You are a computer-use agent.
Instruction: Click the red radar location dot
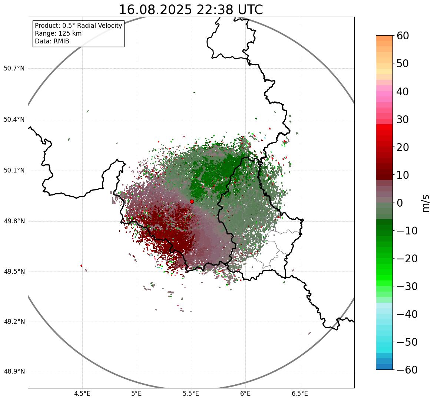click(x=192, y=201)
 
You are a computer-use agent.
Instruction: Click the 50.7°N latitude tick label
click(x=14, y=69)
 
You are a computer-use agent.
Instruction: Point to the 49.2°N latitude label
click(x=14, y=322)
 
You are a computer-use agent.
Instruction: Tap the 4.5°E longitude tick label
click(x=82, y=394)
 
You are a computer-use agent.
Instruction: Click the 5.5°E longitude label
click(x=191, y=394)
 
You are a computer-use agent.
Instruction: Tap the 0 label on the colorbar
click(x=400, y=203)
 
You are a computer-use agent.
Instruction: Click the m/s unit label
click(x=425, y=203)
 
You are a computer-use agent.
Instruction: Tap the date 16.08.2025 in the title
click(x=155, y=10)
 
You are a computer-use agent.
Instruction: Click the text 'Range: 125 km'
click(x=58, y=33)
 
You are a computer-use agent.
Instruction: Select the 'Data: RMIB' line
click(x=52, y=41)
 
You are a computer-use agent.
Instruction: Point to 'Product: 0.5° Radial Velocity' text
click(x=78, y=26)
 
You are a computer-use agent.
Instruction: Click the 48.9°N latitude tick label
click(x=14, y=372)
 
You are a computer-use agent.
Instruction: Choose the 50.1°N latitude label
click(x=14, y=171)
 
